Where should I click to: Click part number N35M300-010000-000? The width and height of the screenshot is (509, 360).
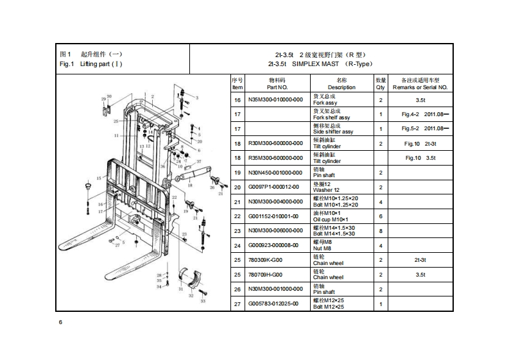276,100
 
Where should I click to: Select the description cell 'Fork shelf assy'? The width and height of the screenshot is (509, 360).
331,117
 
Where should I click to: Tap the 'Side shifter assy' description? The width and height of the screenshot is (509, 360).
332,132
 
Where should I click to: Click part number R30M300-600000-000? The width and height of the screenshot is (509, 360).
276,144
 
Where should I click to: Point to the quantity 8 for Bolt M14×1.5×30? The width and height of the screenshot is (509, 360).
381,231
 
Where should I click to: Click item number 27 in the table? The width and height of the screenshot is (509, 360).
237,304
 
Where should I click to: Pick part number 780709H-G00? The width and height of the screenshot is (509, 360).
264,275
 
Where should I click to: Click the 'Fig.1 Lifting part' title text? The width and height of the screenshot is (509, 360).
91,64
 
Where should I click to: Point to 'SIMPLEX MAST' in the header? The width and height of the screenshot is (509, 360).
311,64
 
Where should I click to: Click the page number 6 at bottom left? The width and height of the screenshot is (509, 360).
60,322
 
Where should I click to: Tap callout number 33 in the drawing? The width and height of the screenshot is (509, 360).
203,300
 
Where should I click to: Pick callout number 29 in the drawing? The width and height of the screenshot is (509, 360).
104,98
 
